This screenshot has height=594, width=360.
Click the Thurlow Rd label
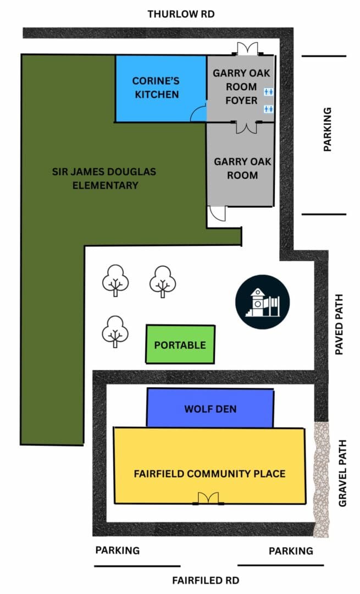point(181,14)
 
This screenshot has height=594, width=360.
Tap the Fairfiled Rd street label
point(206,580)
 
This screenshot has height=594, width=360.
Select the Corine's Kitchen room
point(161,89)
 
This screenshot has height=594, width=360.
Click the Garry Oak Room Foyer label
point(241,87)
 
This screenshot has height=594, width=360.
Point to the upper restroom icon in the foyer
point(268,92)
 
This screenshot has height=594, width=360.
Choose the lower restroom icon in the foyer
point(268,109)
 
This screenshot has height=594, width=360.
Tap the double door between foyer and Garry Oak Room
point(247,127)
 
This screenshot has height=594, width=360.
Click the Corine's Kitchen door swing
point(198,114)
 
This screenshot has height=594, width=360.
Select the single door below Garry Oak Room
point(217,213)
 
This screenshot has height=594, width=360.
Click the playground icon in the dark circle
point(262,302)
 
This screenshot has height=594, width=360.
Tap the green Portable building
point(180,344)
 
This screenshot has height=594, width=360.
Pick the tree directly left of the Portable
point(115,332)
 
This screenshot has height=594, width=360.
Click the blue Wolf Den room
point(210,408)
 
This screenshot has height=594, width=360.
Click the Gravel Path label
point(342,473)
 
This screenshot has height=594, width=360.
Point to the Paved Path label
point(339,324)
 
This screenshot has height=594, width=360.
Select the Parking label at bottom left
point(118,550)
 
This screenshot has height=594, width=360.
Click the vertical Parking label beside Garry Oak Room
point(328,129)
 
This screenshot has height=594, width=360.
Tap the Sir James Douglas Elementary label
point(104,178)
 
